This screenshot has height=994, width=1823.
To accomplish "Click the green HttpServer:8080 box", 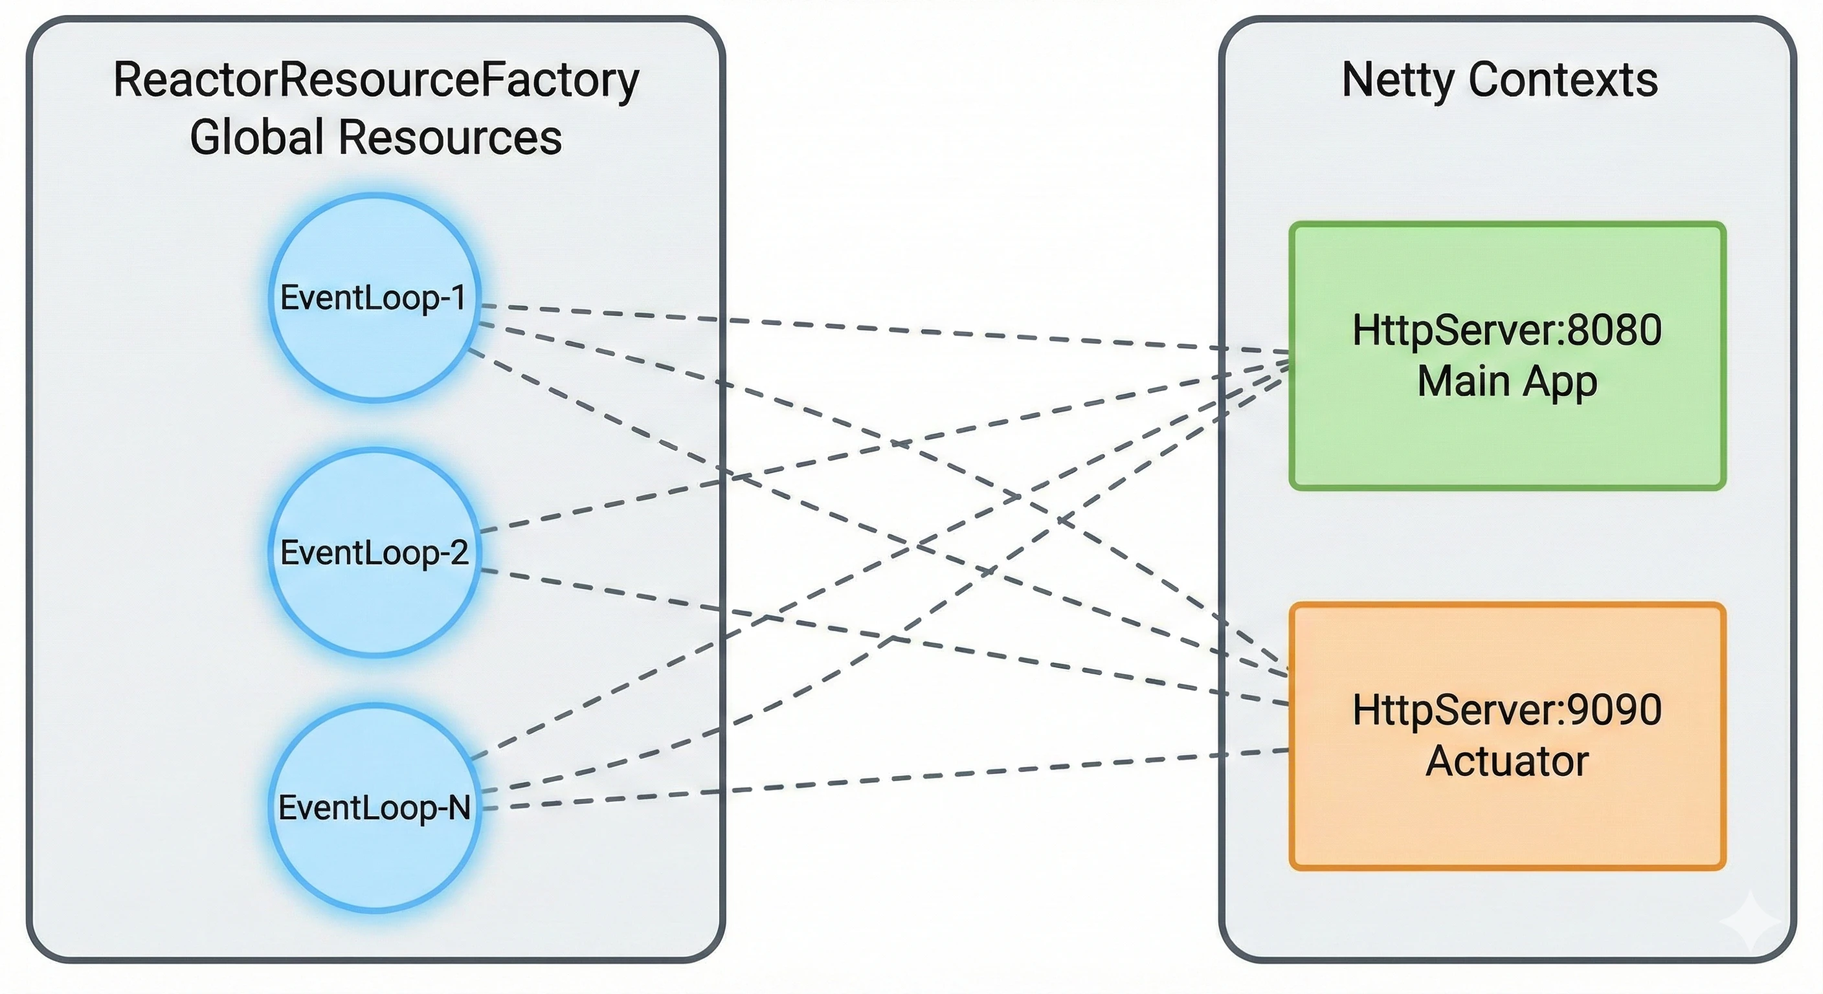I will click(1507, 439).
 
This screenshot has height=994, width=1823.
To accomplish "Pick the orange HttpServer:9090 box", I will click(1507, 821).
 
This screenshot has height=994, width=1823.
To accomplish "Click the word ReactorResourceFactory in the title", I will click(375, 80).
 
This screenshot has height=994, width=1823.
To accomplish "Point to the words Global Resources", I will click(375, 137).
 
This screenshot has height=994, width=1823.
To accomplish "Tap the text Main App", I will click(1507, 381).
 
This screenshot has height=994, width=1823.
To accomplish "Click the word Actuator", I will click(1507, 761).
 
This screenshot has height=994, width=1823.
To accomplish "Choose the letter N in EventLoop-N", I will click(458, 807).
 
